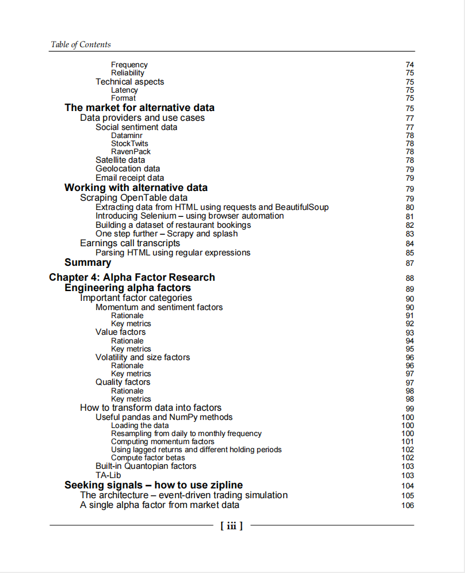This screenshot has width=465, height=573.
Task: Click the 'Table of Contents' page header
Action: click(81, 44)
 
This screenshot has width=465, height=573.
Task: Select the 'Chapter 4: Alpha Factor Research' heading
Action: click(132, 277)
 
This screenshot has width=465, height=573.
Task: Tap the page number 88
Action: click(409, 278)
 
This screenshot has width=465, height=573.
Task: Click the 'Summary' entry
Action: click(87, 262)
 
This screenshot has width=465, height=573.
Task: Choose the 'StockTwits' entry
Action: click(129, 144)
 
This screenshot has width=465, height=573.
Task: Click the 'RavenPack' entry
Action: click(131, 152)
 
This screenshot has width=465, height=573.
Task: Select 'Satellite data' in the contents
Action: click(120, 160)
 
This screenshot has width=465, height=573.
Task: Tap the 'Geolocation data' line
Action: click(128, 169)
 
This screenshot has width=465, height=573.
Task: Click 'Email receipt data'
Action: click(129, 178)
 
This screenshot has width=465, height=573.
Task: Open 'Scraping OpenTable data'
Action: click(134, 198)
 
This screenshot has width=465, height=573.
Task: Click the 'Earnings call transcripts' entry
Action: click(130, 243)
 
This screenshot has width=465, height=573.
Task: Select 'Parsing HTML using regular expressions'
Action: click(173, 253)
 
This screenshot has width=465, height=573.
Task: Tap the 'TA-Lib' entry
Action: click(108, 475)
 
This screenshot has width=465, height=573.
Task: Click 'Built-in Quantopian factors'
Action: click(146, 466)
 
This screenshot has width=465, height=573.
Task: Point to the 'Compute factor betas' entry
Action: click(148, 458)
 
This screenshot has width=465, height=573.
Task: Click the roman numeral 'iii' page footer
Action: click(231, 525)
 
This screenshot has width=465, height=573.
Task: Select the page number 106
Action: click(407, 506)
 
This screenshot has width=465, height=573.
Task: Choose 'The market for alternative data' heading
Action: click(139, 108)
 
